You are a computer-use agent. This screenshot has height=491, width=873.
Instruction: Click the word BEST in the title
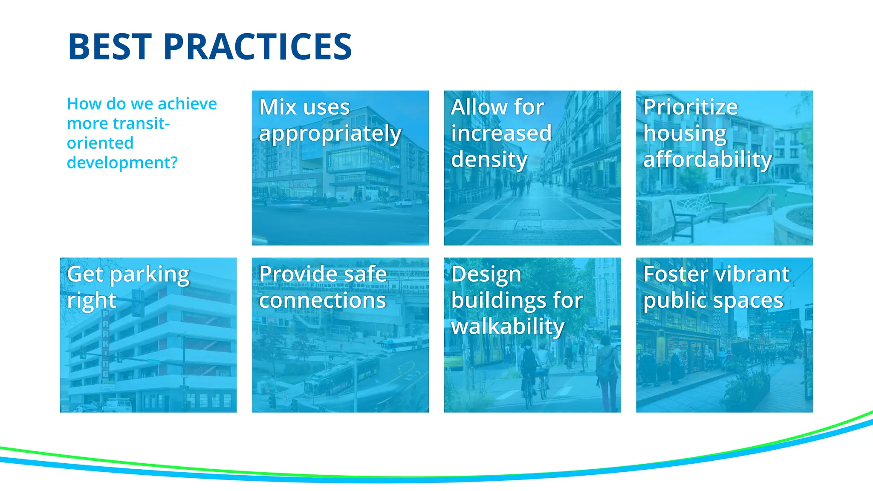[x=110, y=47]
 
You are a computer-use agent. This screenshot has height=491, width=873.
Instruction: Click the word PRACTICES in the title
[x=257, y=47]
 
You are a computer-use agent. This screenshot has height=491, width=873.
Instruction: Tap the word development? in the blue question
[x=122, y=163]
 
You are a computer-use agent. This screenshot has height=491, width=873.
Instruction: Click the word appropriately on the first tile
[x=330, y=134]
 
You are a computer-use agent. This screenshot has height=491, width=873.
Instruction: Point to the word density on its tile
[x=489, y=160]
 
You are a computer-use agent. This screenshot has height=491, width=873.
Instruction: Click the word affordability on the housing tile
[x=707, y=159]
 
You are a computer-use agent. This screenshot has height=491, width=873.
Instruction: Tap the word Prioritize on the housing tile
[x=690, y=107]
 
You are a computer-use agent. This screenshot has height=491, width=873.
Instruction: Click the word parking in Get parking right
[x=149, y=275]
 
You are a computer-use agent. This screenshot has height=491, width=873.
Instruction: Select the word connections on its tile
[x=322, y=300]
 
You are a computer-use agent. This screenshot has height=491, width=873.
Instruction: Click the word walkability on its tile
[x=507, y=327]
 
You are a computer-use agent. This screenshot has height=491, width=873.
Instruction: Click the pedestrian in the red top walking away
[x=607, y=371]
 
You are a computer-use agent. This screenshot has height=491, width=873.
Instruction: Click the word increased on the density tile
[x=501, y=133]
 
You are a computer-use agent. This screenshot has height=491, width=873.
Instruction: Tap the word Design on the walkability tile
[x=486, y=274]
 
